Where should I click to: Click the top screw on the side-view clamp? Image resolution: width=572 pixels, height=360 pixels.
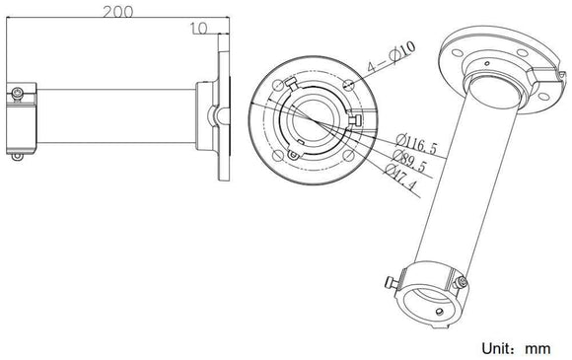coord(18,92)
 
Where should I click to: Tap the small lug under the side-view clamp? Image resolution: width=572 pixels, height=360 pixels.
coord(17,154)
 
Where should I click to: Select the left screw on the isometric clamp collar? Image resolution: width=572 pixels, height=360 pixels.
coord(394,284)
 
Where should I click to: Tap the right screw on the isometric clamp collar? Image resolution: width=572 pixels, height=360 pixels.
coord(464,283)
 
